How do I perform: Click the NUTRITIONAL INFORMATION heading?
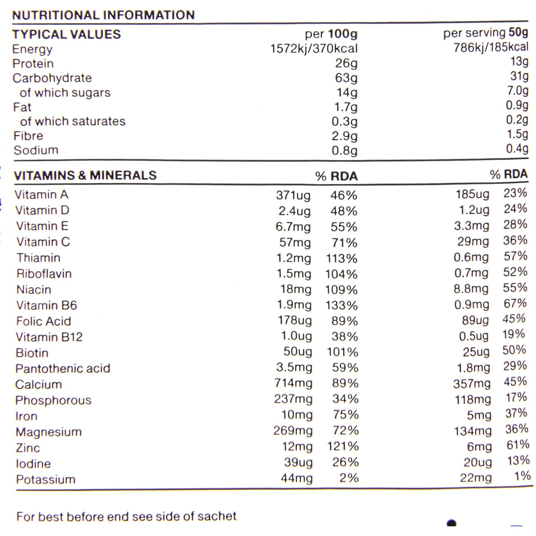point(103,15)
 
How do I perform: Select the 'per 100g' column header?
point(331,34)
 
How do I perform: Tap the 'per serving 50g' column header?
point(486,33)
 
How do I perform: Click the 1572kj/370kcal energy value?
point(313,49)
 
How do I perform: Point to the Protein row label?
point(33,64)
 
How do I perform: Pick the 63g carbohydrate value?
point(346,78)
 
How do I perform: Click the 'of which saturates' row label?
point(73,121)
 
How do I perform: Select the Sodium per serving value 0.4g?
point(517,149)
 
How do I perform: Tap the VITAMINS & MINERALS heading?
point(85,176)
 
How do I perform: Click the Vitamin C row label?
point(43,242)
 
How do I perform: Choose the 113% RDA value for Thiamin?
point(341,259)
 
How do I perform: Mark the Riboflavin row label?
point(44,274)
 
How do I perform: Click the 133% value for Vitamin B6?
point(341,306)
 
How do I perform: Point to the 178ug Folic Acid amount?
point(295,321)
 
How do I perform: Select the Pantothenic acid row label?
point(63,368)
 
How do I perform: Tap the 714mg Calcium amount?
point(293,383)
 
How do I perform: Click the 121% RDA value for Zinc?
point(343,446)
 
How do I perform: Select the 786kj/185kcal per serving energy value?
point(491,47)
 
